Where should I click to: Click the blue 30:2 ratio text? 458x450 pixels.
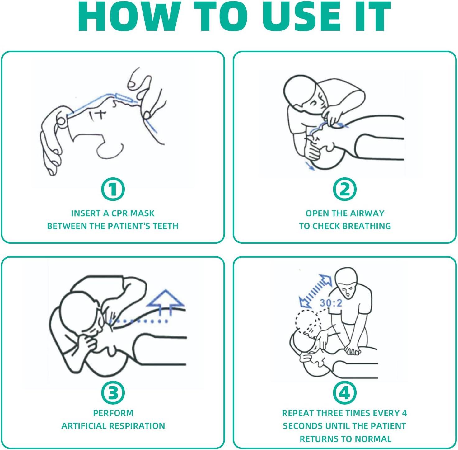[x=331, y=302]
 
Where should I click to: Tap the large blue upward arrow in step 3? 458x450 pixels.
[x=166, y=302]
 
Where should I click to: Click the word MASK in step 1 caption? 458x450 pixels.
[x=143, y=213]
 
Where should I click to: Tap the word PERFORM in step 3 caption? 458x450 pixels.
[x=113, y=413]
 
